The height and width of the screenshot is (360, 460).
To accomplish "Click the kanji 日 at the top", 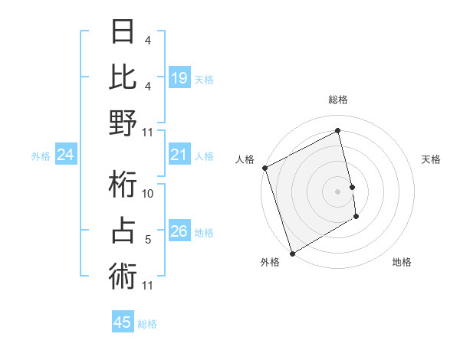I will tap(123, 32).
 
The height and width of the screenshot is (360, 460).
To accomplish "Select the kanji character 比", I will tap(123, 77).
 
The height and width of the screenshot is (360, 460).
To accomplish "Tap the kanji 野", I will tap(123, 123).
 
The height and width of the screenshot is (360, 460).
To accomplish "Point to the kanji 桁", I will tap(123, 185).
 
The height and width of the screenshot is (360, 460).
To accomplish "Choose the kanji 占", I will tap(123, 231).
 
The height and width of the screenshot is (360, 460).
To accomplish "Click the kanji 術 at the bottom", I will tap(123, 276).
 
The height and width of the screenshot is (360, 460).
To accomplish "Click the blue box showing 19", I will tap(179, 77).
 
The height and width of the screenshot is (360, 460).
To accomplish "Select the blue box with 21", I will tap(179, 155).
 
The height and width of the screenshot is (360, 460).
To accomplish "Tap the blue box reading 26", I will tap(179, 232).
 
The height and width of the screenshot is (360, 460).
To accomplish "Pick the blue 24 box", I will tap(66, 155).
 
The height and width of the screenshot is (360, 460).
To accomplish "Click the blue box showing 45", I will tap(123, 322).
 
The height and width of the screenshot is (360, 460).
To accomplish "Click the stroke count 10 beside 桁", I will tap(149, 195).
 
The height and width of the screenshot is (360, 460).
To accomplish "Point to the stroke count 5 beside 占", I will tap(148, 240).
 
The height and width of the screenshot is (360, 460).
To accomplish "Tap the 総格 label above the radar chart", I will tap(338, 100).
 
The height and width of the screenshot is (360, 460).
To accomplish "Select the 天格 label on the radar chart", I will tap(431, 159).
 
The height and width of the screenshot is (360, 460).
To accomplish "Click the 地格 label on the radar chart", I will tap(402, 262).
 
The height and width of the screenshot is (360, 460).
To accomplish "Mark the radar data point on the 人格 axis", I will tap(264, 168).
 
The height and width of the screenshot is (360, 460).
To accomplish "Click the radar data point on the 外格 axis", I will tap(292, 253).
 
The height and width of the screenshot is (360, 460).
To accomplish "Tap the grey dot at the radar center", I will tap(338, 191).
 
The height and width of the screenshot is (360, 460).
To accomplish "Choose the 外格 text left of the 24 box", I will tap(41, 156).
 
